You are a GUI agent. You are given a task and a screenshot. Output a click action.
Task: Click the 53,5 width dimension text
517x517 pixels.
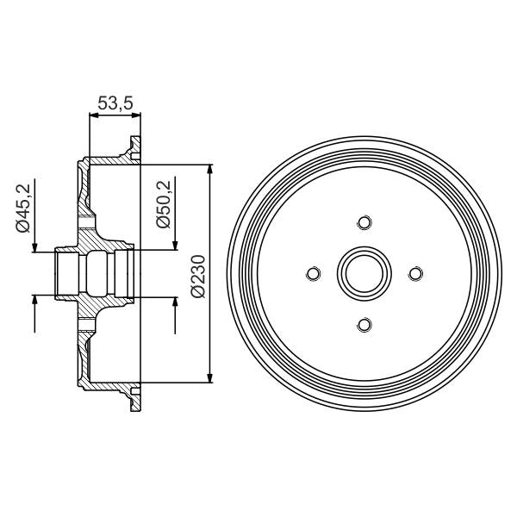[115, 103]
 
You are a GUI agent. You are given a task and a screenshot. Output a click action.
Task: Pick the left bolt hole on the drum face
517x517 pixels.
[314, 274]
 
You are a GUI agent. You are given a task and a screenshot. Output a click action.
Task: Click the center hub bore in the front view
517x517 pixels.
[364, 274]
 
